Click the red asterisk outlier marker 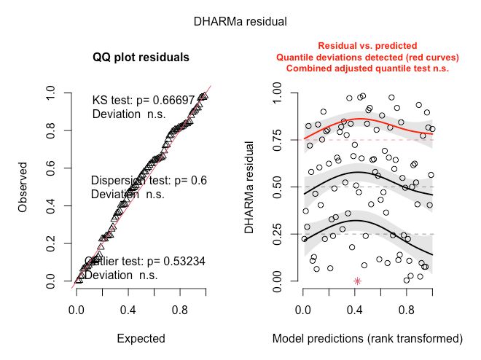357,281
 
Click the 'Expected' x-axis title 141,338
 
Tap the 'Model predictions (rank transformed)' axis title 367,338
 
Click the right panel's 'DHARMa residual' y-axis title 250,187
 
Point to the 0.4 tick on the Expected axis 128,309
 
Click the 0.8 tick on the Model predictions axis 410,309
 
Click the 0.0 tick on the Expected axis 77,309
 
